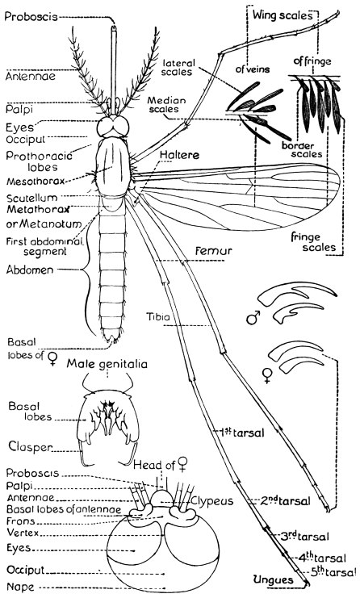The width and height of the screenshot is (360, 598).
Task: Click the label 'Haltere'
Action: point(179,155)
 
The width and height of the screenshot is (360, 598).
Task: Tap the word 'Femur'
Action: point(214,251)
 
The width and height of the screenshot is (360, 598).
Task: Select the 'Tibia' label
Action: point(158,316)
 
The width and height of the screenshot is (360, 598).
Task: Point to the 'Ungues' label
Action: point(274,579)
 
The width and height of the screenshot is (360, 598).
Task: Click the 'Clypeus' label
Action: point(211,500)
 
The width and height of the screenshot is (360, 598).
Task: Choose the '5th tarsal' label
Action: point(330,571)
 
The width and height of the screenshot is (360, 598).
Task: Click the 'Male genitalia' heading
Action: point(107,364)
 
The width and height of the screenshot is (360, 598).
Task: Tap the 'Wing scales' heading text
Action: point(283,15)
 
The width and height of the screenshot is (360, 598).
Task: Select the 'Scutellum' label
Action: point(32,198)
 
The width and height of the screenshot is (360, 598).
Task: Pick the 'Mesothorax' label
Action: point(36,181)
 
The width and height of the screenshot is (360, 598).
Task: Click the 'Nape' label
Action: point(20,587)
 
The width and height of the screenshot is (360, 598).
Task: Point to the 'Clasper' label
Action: point(30,446)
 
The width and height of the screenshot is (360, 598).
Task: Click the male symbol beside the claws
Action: point(253,317)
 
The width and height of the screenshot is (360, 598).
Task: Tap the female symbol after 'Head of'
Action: point(183,464)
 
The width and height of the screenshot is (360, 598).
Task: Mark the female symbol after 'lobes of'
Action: point(53,358)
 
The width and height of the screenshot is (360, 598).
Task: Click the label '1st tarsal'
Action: point(242,433)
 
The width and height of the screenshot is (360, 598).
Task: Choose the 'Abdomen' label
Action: point(30,270)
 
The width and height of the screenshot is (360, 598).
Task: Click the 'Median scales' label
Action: point(166,104)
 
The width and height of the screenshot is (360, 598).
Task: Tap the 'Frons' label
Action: point(21,521)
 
